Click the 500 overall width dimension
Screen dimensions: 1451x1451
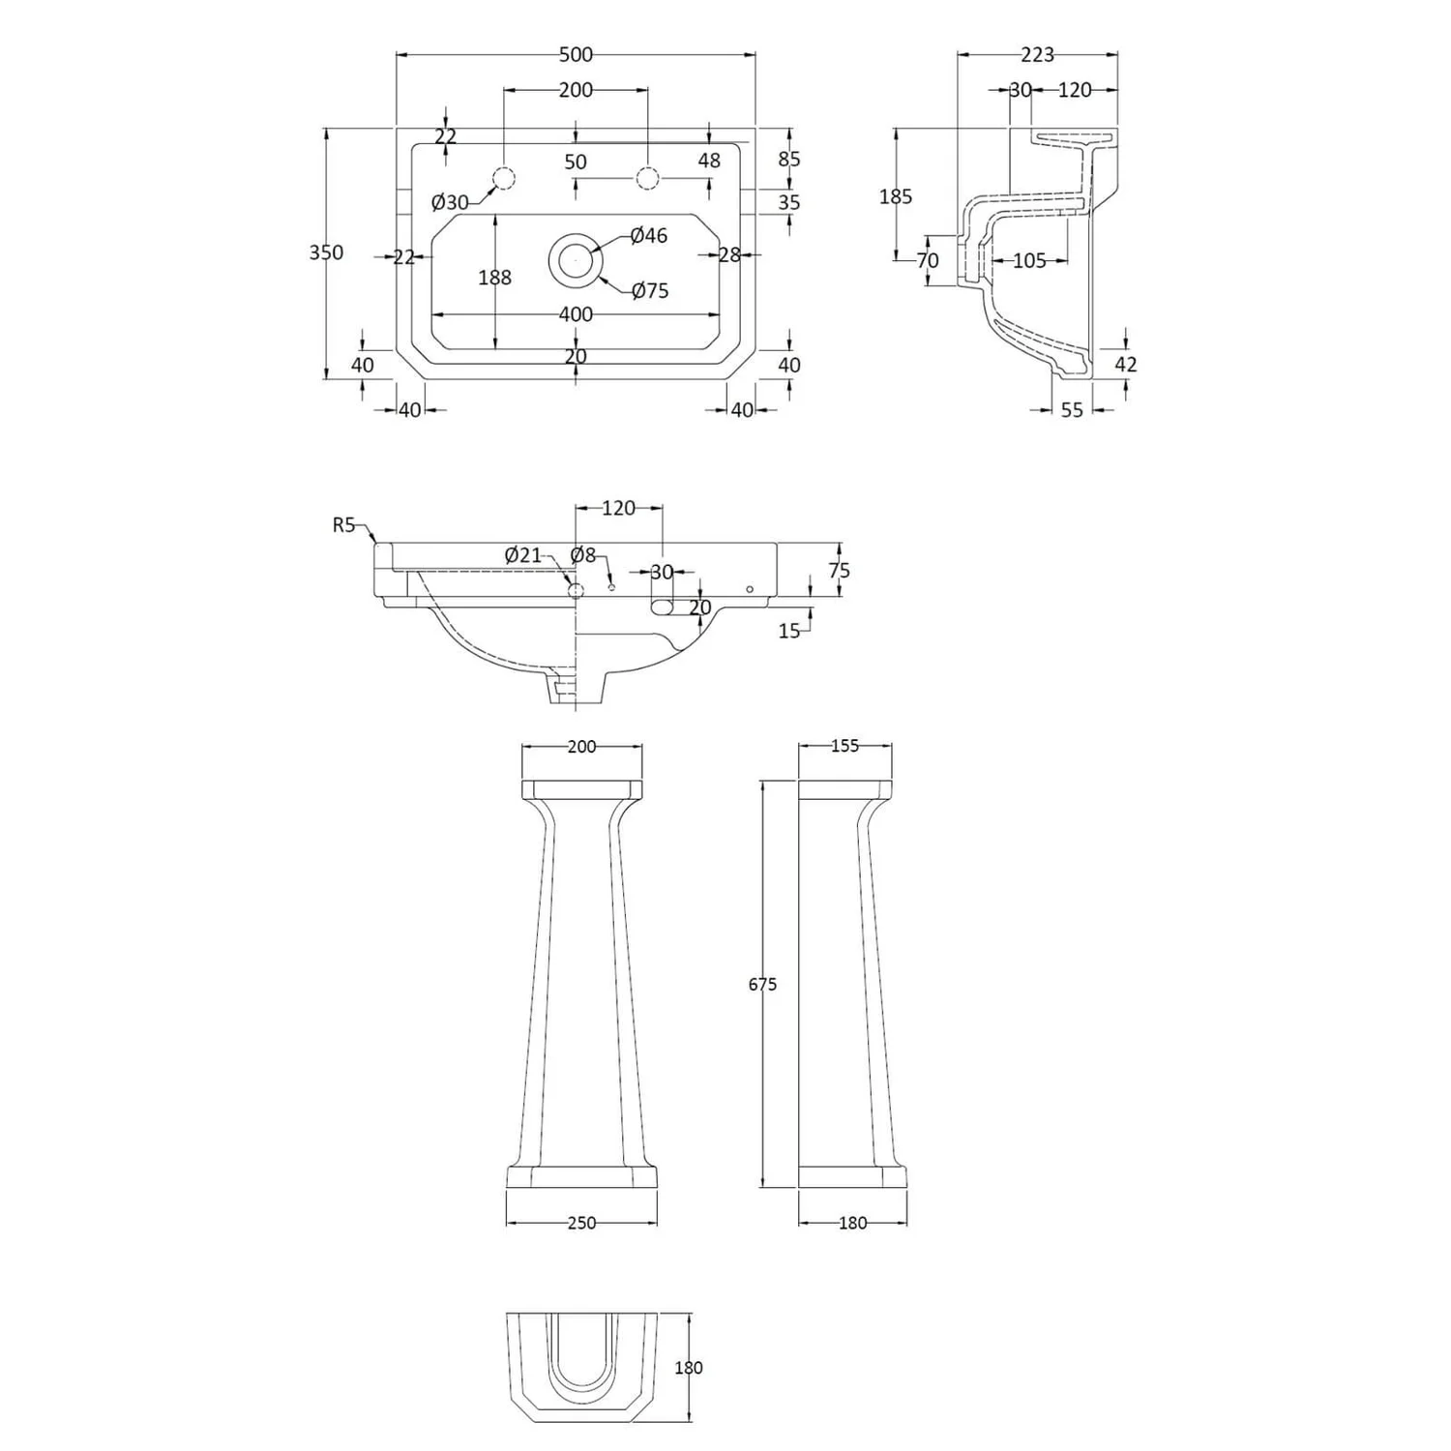(x=576, y=55)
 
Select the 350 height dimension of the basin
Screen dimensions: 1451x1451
(x=326, y=252)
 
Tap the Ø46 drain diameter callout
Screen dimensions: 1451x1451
(x=648, y=235)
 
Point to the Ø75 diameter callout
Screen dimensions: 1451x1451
(x=649, y=290)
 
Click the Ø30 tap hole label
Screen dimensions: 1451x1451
(x=450, y=202)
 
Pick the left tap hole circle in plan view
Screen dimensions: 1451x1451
(x=504, y=178)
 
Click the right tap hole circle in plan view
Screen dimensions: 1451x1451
(x=647, y=178)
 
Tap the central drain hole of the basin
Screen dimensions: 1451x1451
(x=576, y=258)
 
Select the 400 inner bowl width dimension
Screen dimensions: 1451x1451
(x=576, y=314)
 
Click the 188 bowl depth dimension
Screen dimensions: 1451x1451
(x=494, y=278)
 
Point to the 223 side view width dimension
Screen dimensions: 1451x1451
(x=1037, y=55)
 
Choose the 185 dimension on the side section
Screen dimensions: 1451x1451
(x=896, y=196)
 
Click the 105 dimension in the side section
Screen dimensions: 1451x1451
(x=1029, y=260)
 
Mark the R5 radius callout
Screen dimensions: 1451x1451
(x=344, y=525)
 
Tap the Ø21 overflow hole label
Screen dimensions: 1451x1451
(x=523, y=555)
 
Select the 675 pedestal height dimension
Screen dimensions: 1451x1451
(x=762, y=985)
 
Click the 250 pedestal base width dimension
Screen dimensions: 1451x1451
(x=581, y=1223)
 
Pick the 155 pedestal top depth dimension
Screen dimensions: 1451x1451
(x=844, y=746)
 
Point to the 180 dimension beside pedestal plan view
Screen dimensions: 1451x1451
(x=688, y=1368)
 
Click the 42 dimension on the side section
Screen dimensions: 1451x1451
(x=1125, y=364)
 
